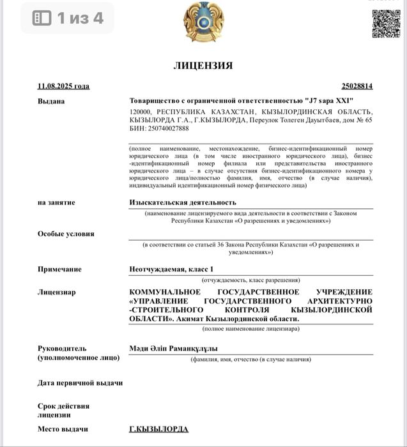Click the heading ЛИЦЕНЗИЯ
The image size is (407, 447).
[x=203, y=65]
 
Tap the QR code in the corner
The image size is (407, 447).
[x=386, y=23]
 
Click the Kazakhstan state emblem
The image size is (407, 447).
[x=203, y=22]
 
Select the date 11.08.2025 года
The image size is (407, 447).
[x=63, y=86]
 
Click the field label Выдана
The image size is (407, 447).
[x=51, y=101]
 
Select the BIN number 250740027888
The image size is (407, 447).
[x=169, y=128]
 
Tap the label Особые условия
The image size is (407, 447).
[x=66, y=234]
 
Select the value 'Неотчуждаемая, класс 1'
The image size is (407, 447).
[x=171, y=269]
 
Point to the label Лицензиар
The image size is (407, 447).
[x=56, y=292]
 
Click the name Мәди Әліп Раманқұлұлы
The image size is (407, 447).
[x=173, y=349]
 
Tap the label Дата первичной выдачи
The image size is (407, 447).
[x=80, y=383]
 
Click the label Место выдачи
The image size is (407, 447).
[x=63, y=429]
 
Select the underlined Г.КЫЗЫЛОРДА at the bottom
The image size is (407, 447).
[x=158, y=429]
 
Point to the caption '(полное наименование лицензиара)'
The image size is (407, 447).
[x=250, y=328]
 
